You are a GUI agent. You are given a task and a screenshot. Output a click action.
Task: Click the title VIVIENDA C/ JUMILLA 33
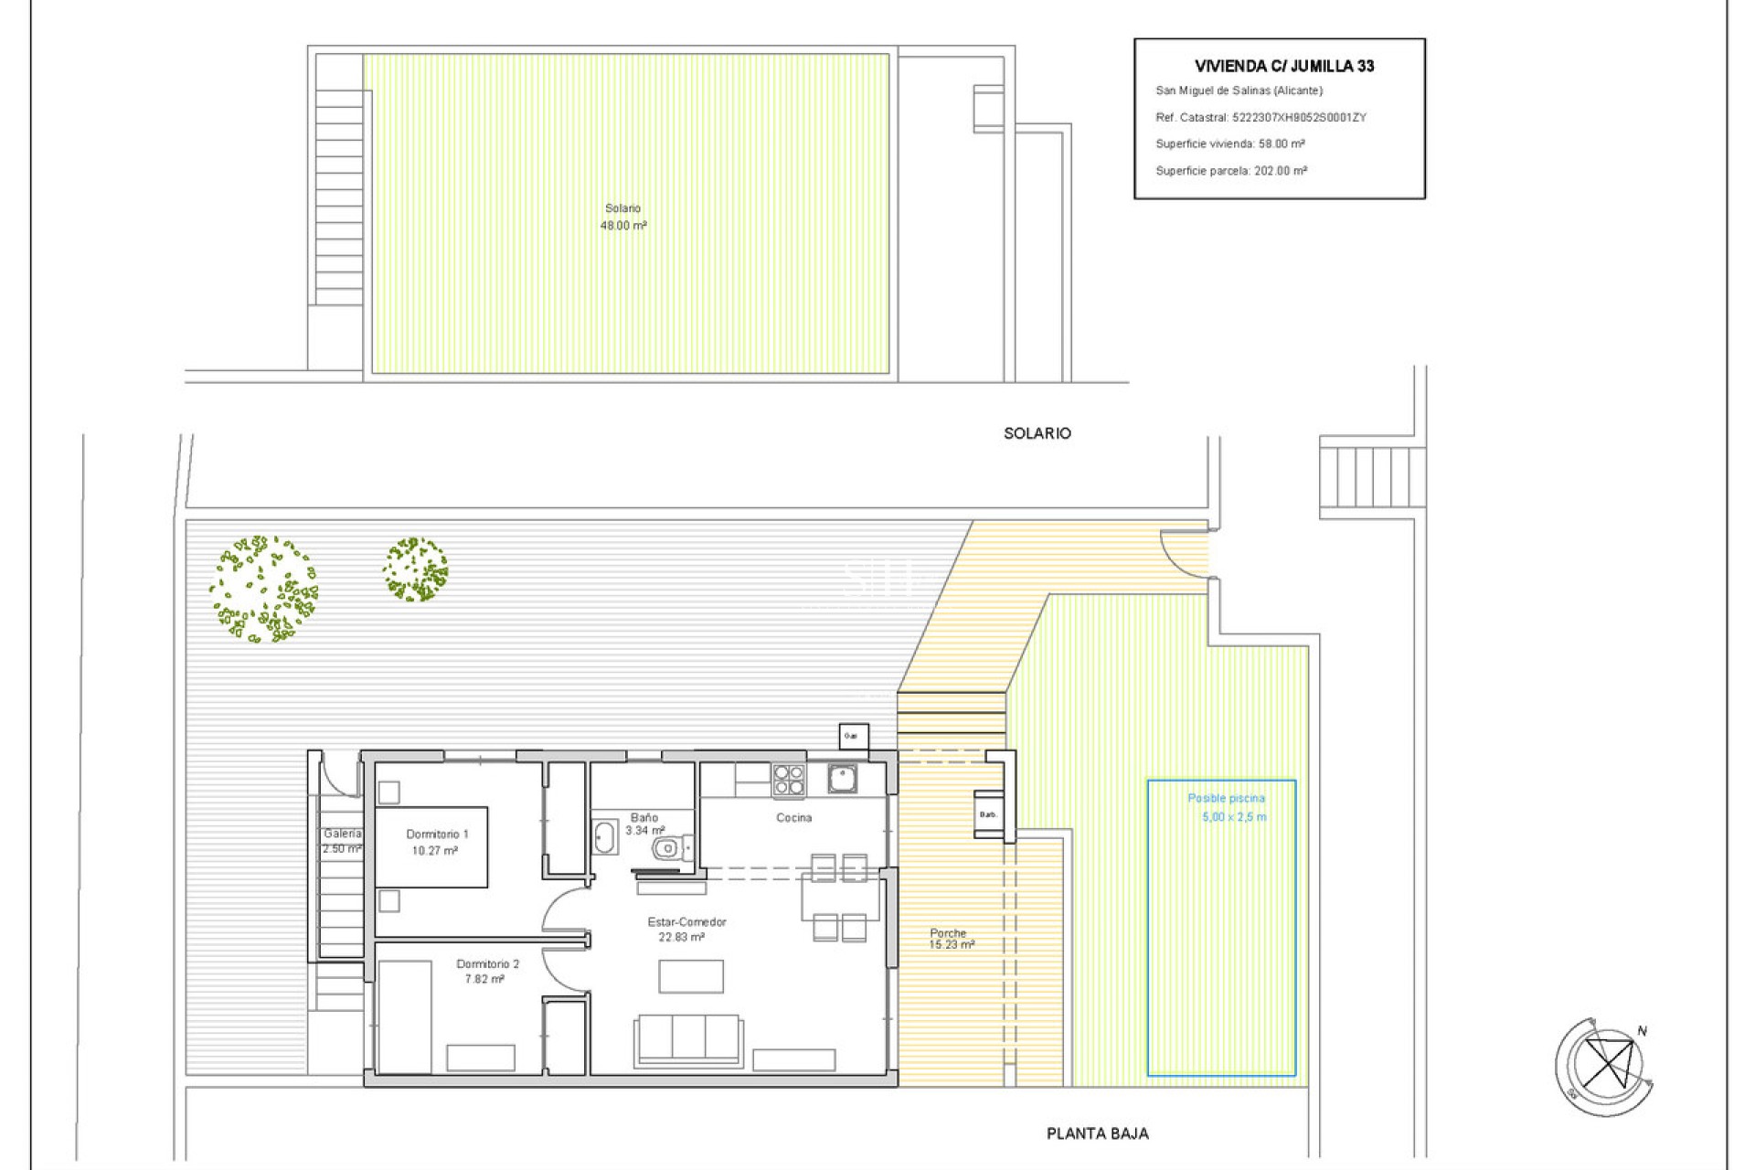click(x=1284, y=66)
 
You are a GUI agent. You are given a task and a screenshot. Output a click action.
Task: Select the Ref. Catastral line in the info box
click(x=1260, y=117)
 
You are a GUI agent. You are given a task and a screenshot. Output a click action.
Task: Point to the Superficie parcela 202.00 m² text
click(x=1230, y=171)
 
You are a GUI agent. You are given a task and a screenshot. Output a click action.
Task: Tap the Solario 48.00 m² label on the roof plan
click(x=623, y=218)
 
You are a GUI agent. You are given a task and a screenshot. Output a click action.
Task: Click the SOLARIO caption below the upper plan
click(x=1037, y=433)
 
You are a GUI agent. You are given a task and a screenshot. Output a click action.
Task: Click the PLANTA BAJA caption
click(x=1097, y=1133)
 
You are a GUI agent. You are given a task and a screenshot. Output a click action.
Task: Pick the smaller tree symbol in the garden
click(x=416, y=569)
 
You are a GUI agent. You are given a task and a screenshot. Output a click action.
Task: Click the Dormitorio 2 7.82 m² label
click(x=486, y=972)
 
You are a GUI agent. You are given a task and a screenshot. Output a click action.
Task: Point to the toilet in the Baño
click(x=668, y=849)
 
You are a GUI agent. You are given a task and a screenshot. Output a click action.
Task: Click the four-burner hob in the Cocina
click(x=789, y=780)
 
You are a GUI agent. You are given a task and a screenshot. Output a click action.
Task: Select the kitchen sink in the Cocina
click(x=842, y=779)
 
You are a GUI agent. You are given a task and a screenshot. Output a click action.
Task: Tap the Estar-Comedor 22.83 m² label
click(x=686, y=930)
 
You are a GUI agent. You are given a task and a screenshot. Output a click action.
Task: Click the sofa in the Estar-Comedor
click(x=689, y=1039)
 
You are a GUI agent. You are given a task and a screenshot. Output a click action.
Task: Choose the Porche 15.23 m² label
click(x=950, y=939)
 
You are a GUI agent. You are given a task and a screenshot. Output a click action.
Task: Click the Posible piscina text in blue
click(x=1226, y=798)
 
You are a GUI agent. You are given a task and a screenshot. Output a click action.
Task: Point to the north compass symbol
click(x=1606, y=1066)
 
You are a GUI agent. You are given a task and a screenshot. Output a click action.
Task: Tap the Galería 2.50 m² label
click(x=342, y=841)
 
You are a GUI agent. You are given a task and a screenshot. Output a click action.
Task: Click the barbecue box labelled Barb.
click(x=988, y=814)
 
